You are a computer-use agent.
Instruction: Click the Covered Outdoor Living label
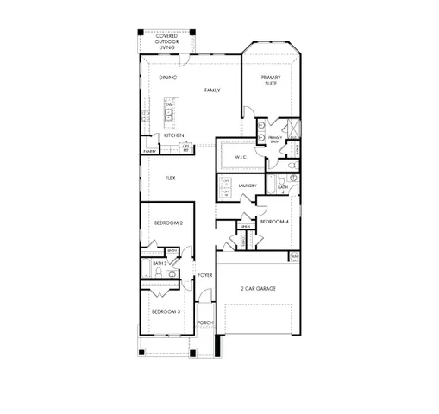pyautogui.click(x=167, y=42)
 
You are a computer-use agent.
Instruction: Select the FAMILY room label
pyautogui.click(x=212, y=90)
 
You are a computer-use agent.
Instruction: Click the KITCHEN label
pyautogui.click(x=173, y=135)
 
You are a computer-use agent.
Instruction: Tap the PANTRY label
pyautogui.click(x=150, y=151)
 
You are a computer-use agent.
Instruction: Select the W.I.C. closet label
pyautogui.click(x=239, y=156)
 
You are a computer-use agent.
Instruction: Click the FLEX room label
pyautogui.click(x=171, y=180)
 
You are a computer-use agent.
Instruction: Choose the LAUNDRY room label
pyautogui.click(x=249, y=185)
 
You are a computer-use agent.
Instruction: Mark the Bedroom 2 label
pyautogui.click(x=167, y=223)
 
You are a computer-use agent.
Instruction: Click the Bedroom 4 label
pyautogui.click(x=273, y=222)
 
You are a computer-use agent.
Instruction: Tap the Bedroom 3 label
pyautogui.click(x=166, y=311)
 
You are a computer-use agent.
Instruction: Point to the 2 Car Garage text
pyautogui.click(x=258, y=288)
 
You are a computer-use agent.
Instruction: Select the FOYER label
pyautogui.click(x=204, y=275)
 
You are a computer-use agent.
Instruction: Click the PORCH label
pyautogui.click(x=204, y=323)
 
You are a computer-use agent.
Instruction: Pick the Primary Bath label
pyautogui.click(x=275, y=139)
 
